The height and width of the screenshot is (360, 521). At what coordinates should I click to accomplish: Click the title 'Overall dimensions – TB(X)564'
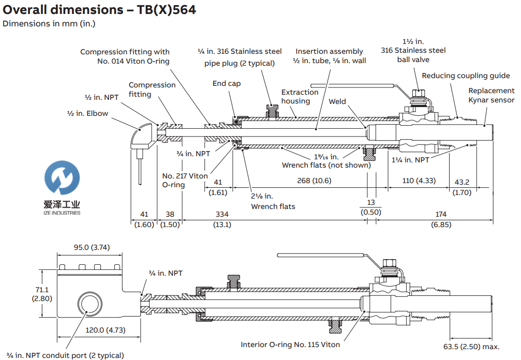100,9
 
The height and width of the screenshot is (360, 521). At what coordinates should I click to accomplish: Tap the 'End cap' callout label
227,83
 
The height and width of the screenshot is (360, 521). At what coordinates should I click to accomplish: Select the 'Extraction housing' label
300,97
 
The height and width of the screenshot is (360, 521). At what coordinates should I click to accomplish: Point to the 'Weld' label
337,101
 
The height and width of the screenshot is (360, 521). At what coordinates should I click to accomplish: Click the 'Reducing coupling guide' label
466,76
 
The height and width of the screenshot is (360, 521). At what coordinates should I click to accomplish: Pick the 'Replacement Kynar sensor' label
491,95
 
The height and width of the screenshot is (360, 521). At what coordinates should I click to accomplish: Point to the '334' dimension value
222,214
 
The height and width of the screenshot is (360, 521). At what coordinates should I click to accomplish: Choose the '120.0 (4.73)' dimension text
105,330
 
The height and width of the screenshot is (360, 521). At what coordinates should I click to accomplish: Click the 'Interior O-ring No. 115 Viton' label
290,344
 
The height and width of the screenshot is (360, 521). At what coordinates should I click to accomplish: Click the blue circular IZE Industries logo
62,177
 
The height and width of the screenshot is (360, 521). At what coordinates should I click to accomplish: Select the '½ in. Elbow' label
87,113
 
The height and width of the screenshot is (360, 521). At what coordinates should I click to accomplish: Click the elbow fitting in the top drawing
142,136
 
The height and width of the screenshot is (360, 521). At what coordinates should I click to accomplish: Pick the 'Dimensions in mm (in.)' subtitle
49,23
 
